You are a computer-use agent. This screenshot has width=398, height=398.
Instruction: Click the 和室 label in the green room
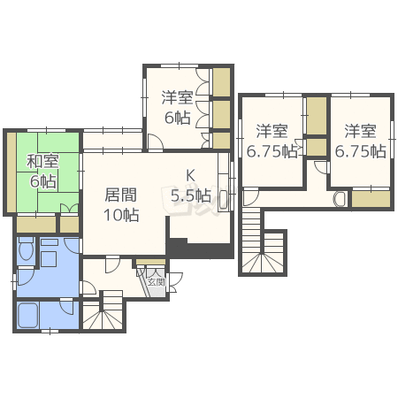42,162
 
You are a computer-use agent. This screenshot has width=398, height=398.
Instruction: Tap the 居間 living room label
120,195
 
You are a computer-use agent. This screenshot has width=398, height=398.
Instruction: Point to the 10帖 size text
120,214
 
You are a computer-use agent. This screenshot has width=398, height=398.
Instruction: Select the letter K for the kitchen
190,174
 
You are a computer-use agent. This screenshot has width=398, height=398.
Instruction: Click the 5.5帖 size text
190,195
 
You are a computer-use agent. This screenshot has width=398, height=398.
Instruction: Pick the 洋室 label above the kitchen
176,98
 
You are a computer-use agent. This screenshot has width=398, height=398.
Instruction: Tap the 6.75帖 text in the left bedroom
272,151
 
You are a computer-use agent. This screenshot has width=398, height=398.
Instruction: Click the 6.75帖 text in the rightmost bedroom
360,151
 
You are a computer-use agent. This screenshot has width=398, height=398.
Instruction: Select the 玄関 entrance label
156,282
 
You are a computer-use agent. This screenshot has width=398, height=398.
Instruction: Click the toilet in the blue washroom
26,253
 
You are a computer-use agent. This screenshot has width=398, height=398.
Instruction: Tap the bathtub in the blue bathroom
33,315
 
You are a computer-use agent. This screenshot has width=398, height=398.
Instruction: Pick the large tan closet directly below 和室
35,225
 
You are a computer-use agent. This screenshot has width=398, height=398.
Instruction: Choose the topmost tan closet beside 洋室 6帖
221,81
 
